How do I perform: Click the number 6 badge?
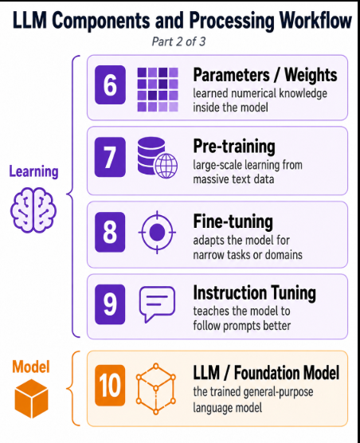(x=110, y=84)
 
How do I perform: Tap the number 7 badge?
(x=110, y=157)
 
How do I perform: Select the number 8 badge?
(x=110, y=232)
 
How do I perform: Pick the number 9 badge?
(x=110, y=304)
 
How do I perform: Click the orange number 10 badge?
(x=110, y=386)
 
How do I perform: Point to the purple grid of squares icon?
(x=158, y=89)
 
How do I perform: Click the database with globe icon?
(x=158, y=158)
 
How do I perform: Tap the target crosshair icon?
(x=157, y=232)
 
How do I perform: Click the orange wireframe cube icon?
(x=156, y=389)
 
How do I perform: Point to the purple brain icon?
(x=33, y=210)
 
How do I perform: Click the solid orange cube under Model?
(x=32, y=398)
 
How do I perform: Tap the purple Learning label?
(x=34, y=171)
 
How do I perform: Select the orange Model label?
(x=31, y=367)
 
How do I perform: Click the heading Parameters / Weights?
(x=265, y=75)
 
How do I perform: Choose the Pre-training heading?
(x=234, y=147)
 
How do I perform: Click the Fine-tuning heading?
(x=233, y=221)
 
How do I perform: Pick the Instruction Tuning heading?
(x=254, y=293)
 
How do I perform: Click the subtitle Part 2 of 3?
(x=178, y=41)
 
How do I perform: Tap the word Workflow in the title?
(x=315, y=21)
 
